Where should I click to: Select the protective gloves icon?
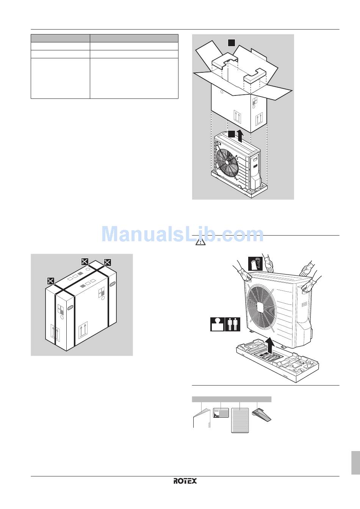[255, 264]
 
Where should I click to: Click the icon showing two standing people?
[233, 324]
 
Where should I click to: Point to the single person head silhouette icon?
[218, 324]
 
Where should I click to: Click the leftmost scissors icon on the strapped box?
[51, 281]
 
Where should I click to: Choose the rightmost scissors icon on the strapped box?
[107, 262]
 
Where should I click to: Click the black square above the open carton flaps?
[232, 43]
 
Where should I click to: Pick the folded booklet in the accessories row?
[202, 418]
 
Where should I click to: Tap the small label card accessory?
[221, 413]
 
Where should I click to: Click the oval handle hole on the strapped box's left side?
[70, 307]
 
